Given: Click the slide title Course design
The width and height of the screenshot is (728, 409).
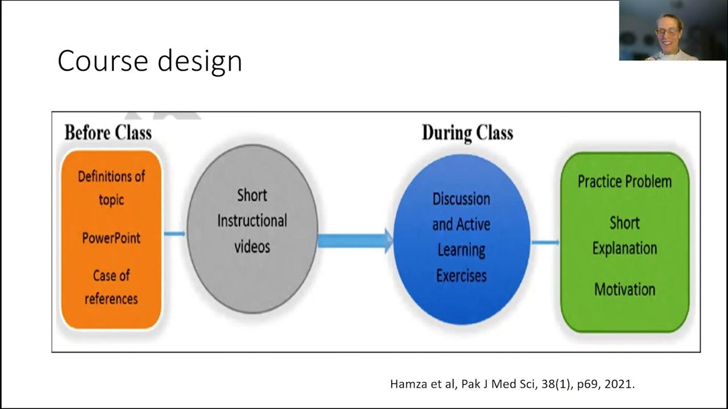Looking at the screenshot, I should pos(150,61).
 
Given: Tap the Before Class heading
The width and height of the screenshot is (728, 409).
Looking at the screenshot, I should pos(108,133).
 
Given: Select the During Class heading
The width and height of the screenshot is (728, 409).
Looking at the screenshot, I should pos(467,133).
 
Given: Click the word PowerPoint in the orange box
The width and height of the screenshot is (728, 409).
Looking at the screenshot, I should pos(111,237).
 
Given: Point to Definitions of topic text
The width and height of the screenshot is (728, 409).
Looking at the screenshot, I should pos(111,187).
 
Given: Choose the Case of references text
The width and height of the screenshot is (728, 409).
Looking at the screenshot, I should pos(111,287).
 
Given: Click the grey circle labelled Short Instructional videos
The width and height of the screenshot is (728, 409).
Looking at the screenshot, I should pos(252,227).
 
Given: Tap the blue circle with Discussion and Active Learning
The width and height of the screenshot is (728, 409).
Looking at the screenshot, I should pos(461,239).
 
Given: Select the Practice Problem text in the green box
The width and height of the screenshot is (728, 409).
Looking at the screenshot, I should pos(624,182).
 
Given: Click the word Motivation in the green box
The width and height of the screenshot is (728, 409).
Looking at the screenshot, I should pos(624,289).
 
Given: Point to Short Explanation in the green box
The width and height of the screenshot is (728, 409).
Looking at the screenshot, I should pos(624,235).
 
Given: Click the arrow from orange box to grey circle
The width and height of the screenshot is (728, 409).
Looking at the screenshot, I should pos(175,233).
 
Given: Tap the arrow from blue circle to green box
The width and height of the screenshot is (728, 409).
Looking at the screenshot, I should pos(545,243).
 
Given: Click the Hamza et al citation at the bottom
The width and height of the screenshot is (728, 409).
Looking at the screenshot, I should pos(512,384).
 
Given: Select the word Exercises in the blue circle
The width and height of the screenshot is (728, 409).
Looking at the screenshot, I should pos(461,276).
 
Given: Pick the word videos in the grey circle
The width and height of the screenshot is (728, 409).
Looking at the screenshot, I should pos(252,247).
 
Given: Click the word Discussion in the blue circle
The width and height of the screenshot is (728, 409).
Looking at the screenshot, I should pos(461,199).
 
